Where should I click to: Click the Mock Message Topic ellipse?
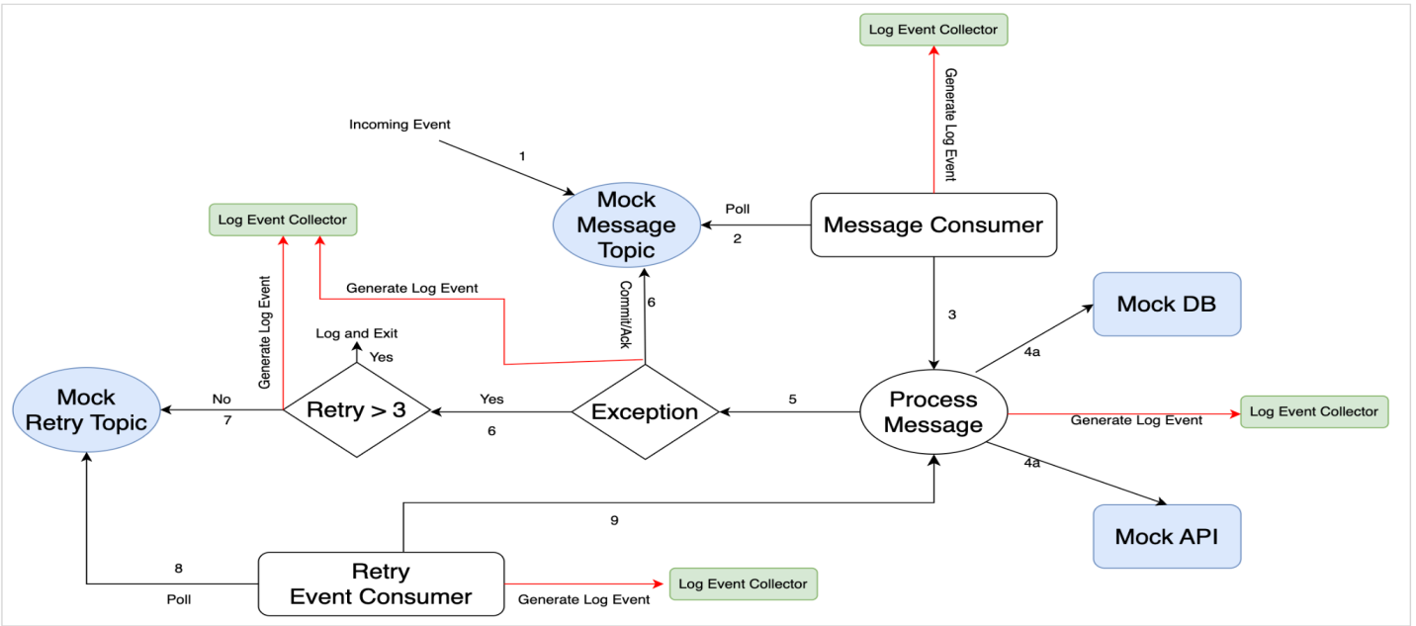(x=626, y=225)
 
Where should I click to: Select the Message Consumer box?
(x=932, y=225)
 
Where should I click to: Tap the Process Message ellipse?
(x=932, y=411)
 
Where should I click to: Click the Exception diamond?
(x=645, y=411)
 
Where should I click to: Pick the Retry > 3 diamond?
(x=356, y=410)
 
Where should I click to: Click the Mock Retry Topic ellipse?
(x=86, y=410)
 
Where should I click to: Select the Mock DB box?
(x=1166, y=305)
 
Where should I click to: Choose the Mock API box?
(x=1166, y=537)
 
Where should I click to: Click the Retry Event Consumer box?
(x=381, y=584)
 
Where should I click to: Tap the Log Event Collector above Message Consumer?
(x=932, y=30)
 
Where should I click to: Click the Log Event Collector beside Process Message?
(x=1313, y=411)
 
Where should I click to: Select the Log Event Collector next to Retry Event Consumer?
(x=743, y=584)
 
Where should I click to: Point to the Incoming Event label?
(x=399, y=125)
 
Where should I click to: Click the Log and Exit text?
(x=356, y=333)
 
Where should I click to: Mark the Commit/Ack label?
(x=625, y=314)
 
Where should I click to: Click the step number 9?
(x=614, y=520)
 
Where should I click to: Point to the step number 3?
(x=951, y=314)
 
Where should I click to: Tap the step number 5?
(x=792, y=400)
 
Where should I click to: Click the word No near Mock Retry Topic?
(x=221, y=400)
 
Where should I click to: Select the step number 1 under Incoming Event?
(x=522, y=156)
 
